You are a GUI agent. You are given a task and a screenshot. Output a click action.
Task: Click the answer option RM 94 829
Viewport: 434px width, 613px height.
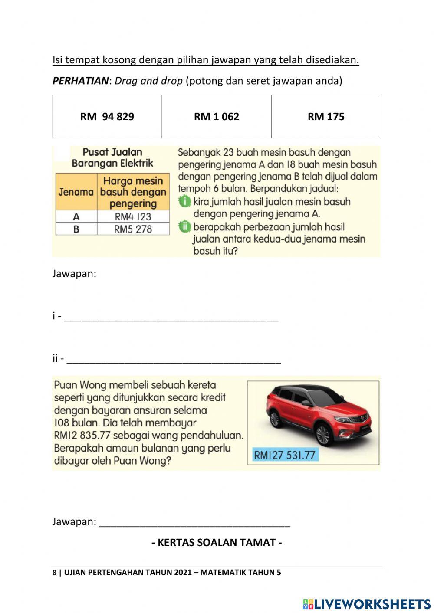(107, 117)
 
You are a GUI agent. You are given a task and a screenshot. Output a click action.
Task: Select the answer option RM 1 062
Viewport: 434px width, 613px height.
(217, 117)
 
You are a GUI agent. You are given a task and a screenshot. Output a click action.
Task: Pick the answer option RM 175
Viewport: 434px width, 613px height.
(326, 117)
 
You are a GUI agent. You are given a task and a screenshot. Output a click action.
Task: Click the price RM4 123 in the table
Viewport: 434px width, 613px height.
(133, 216)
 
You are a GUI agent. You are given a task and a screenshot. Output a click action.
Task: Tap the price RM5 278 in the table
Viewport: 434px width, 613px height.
(133, 229)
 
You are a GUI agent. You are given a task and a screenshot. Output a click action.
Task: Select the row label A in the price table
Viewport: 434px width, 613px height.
(76, 216)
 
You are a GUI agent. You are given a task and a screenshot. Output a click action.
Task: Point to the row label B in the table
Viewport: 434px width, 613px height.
(76, 229)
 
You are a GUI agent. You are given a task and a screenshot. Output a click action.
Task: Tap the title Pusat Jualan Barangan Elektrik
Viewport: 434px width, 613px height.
(112, 157)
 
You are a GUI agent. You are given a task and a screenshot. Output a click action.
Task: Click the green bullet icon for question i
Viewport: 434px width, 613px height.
(185, 202)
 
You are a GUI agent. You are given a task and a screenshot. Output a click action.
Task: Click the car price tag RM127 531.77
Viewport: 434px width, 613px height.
(285, 455)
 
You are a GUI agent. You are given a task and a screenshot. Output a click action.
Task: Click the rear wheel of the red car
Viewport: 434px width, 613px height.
(274, 419)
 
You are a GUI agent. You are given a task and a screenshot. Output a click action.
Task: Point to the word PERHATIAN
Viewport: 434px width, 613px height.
(80, 81)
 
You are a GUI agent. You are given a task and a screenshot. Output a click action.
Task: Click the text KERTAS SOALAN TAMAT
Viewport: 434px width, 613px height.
(217, 543)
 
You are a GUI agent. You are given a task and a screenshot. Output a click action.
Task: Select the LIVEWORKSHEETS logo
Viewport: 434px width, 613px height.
(367, 604)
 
